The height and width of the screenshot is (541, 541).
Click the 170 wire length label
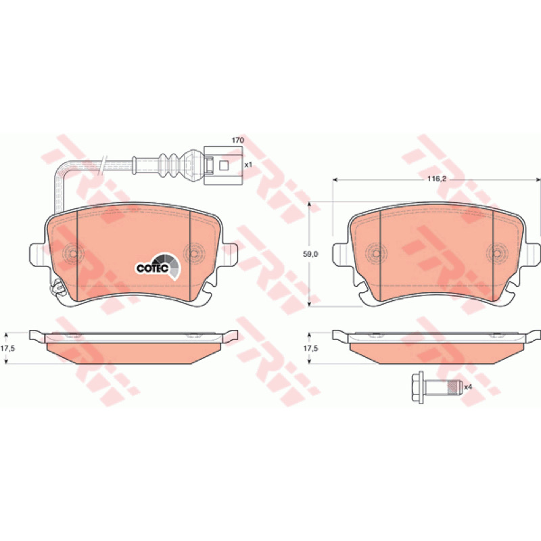238,140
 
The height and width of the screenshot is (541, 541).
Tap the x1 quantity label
248,165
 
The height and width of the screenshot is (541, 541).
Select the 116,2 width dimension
437,179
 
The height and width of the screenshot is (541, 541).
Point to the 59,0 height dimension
310,254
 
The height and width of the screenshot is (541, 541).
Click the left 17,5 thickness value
7,348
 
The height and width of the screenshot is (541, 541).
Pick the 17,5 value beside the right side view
310,348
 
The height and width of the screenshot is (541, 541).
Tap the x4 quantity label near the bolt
468,387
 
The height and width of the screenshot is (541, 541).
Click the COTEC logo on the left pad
158,266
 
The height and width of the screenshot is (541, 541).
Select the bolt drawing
437,387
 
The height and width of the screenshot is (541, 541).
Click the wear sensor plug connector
223,165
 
